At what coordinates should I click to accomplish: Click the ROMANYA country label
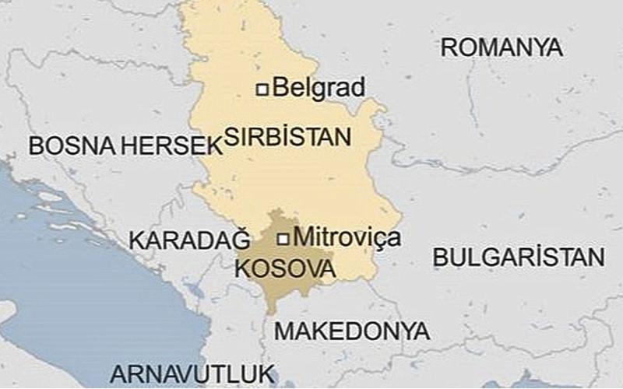(501, 47)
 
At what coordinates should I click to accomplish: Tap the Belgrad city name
(319, 87)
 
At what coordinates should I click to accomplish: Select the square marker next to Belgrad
(263, 89)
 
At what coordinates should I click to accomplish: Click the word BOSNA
(66, 145)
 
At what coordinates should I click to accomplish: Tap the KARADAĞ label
(189, 240)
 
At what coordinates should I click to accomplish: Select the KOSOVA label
(285, 270)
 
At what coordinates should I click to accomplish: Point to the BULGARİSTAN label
(519, 258)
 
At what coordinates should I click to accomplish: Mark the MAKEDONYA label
(352, 331)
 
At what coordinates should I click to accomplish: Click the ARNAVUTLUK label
(193, 370)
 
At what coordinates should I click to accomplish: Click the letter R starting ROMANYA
(449, 47)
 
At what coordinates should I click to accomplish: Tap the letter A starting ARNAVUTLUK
(118, 370)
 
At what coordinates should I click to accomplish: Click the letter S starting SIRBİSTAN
(231, 138)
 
